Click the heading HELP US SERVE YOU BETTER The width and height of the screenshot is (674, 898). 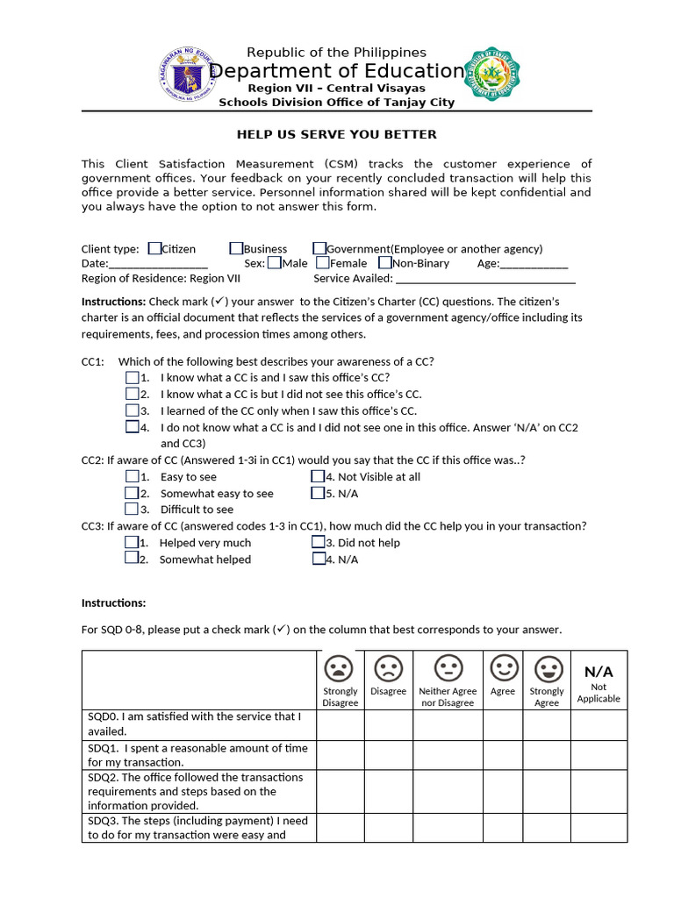tap(336, 134)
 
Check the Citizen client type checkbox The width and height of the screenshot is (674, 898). tap(154, 249)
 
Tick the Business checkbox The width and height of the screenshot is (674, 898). tap(237, 249)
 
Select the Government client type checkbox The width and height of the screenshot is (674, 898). tap(319, 249)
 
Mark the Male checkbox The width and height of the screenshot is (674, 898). tap(275, 262)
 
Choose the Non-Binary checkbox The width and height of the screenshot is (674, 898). tap(385, 262)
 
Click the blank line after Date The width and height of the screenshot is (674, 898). tap(158, 265)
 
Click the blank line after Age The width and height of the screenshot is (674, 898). tap(534, 265)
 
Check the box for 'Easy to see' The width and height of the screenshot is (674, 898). tap(132, 477)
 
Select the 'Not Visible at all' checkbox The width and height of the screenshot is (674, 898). tap(318, 477)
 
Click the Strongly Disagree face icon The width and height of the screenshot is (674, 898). tap(340, 669)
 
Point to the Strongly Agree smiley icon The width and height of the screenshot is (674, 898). tap(547, 669)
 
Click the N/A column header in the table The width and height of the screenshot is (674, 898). tap(599, 672)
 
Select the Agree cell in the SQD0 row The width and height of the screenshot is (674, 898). tap(502, 724)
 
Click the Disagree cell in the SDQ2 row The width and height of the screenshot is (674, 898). tap(388, 791)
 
